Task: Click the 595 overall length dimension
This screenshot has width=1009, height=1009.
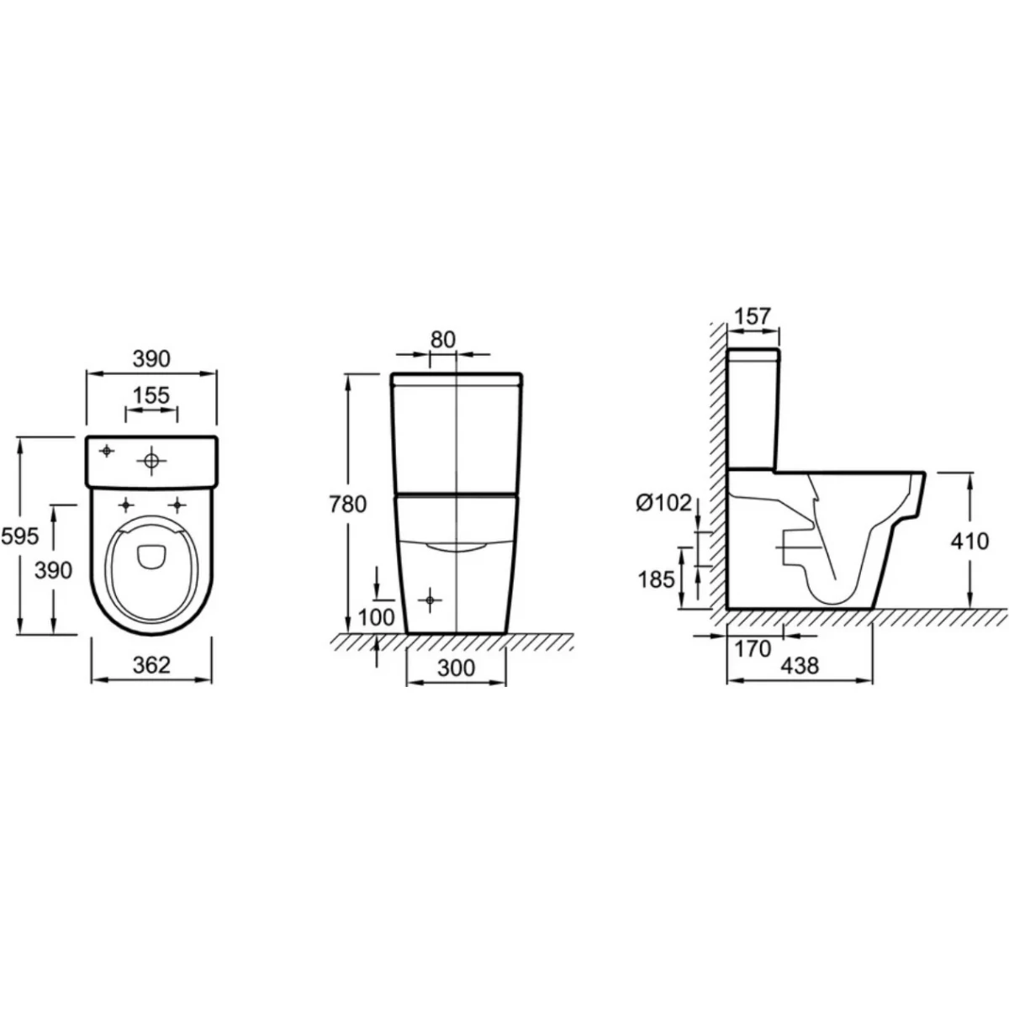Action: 20,536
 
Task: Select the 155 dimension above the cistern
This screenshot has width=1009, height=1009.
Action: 151,396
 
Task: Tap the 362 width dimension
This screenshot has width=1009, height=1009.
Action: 151,665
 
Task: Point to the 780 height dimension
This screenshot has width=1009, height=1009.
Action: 347,504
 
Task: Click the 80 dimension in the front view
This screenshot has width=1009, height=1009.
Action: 443,340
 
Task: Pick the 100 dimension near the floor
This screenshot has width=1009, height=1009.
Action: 376,617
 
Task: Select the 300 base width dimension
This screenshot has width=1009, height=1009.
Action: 456,668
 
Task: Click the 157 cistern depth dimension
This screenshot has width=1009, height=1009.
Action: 753,316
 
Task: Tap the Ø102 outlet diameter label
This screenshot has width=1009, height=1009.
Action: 663,503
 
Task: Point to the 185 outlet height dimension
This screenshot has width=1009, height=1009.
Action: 656,579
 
